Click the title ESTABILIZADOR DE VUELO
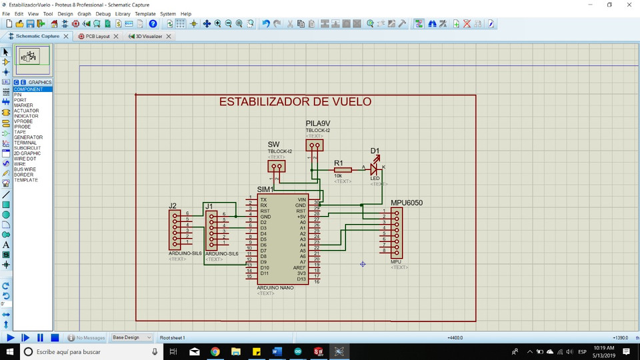295,102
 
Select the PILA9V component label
318,124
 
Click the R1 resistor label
339,163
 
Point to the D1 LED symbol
374,170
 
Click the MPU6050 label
407,203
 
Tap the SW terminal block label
273,145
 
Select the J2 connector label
173,206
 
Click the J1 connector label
209,206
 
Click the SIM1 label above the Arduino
265,190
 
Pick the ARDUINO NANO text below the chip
275,287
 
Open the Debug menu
103,13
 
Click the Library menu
123,13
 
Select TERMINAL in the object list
26,143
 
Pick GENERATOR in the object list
28,137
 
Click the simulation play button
10,338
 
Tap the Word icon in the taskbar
277,351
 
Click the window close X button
627,5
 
